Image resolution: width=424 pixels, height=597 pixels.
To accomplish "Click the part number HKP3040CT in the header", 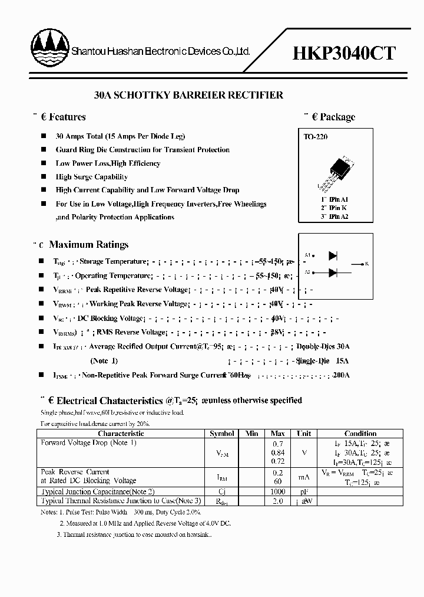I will point(344,53).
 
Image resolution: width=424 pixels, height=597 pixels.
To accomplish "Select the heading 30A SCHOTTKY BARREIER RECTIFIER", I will point(189,95).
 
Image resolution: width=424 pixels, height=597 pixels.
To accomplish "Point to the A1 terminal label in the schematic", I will point(307,255).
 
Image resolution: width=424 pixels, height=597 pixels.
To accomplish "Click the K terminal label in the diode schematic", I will point(366,264).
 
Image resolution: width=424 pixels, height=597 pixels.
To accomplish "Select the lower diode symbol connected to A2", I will point(333,272).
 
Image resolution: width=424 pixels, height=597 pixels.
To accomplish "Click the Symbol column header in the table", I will point(222,434).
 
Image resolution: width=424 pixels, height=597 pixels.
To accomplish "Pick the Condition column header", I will point(360,434).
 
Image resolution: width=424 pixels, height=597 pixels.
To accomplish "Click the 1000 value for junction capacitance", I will point(278,491).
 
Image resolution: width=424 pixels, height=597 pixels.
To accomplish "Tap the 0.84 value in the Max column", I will point(278,452).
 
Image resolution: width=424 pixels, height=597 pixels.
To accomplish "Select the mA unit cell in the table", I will point(304,477).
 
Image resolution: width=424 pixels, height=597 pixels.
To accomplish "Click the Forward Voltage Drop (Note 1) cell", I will point(88,442).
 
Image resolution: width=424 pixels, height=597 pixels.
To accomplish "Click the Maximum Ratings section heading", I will point(88,244).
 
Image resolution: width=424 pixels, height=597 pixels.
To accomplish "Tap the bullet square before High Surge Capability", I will point(43,176).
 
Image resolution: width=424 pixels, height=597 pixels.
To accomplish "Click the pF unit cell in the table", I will point(304,491).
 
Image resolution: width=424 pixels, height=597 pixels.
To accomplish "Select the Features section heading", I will point(67,117).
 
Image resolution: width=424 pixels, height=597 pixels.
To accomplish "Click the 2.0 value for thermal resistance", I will point(278,501).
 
